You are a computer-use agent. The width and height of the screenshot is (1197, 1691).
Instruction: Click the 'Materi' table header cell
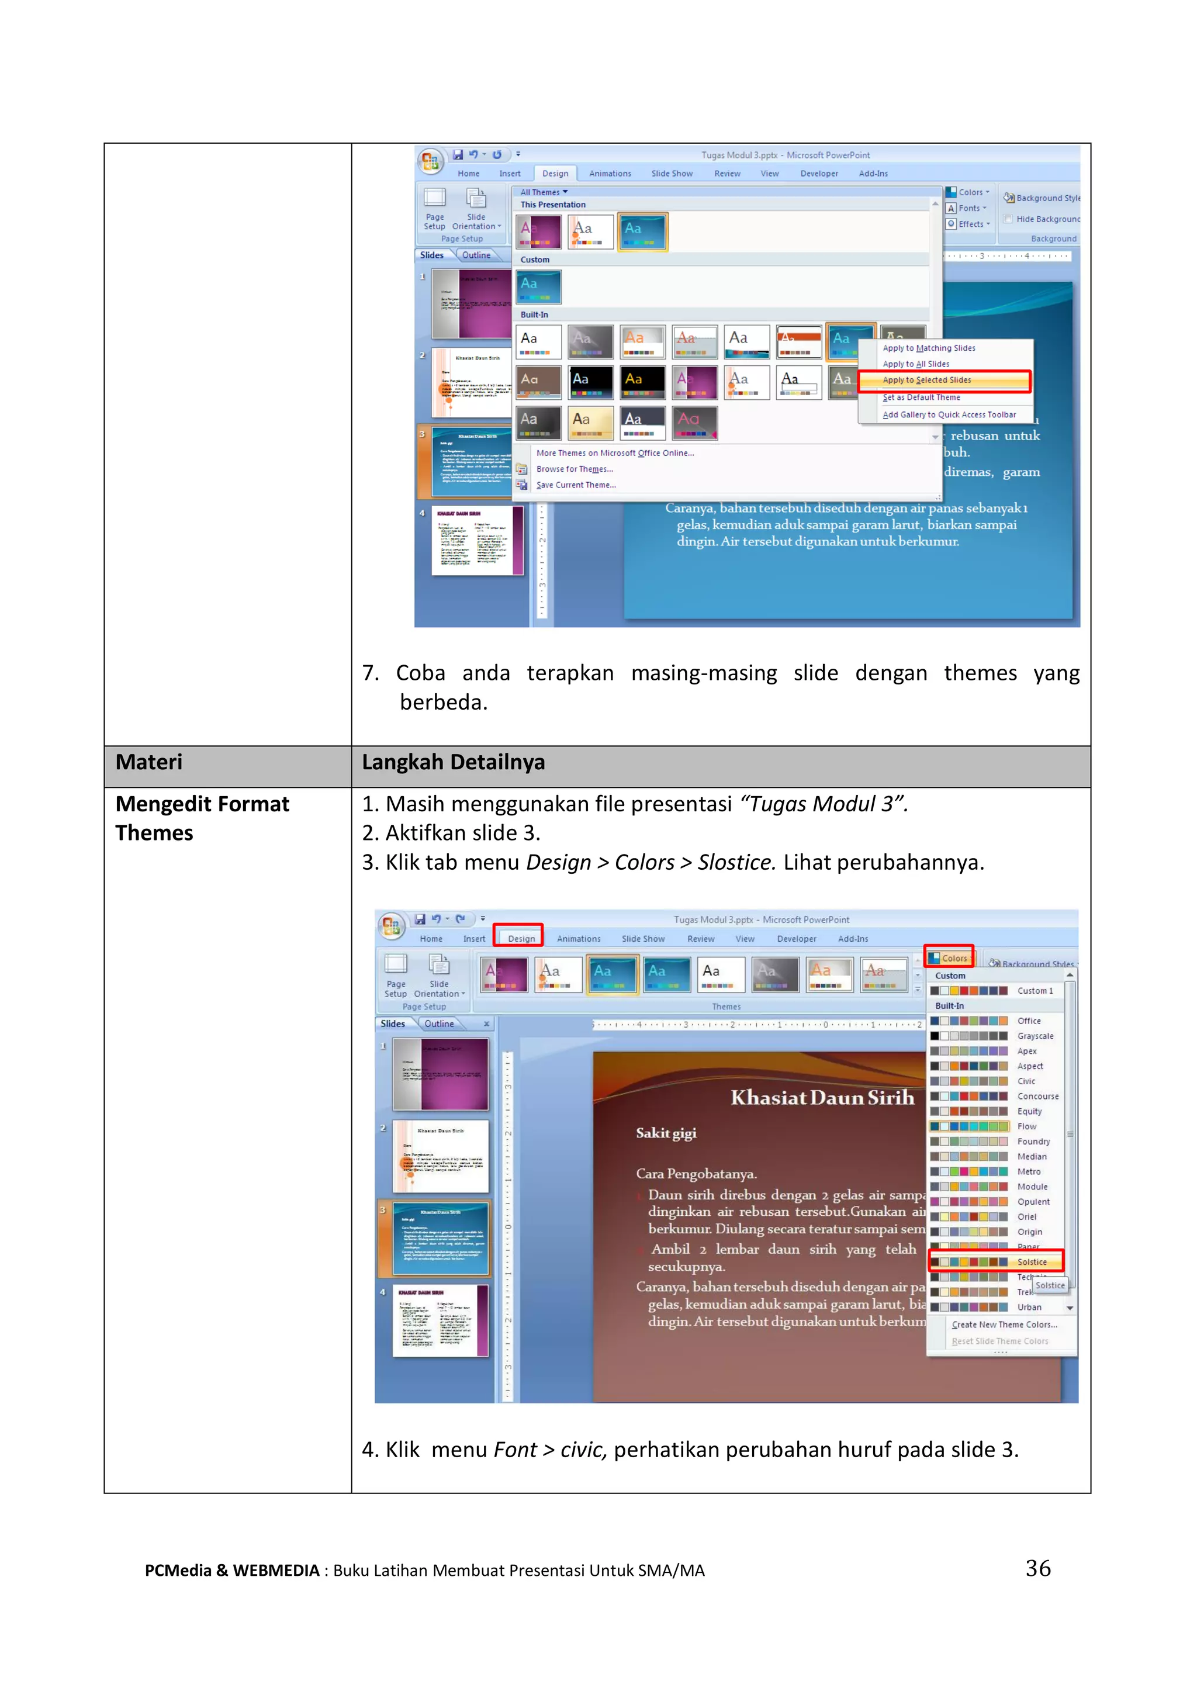coord(149,762)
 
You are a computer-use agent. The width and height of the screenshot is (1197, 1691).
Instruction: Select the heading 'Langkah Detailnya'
coord(454,762)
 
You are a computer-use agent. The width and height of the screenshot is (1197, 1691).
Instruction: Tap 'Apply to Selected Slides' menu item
coord(926,381)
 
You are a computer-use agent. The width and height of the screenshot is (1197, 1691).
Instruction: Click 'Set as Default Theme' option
coord(921,397)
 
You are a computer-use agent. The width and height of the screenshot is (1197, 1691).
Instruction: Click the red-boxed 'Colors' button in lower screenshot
coord(950,958)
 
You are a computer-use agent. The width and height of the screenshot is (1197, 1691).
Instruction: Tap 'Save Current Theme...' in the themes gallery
coord(576,485)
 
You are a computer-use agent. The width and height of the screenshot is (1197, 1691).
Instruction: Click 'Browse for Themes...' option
coord(574,469)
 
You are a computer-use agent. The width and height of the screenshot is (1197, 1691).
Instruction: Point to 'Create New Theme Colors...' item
coord(1004,1325)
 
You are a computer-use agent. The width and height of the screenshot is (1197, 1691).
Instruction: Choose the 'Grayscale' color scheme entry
coord(1035,1036)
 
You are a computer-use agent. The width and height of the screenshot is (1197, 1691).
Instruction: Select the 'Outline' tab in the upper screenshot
coord(476,255)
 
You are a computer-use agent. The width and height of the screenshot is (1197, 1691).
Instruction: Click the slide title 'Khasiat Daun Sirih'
coord(822,1098)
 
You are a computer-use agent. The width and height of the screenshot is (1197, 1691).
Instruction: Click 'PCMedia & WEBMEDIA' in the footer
coord(232,1570)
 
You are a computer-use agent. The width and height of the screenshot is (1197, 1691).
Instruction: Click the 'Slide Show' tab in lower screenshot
coord(643,938)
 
